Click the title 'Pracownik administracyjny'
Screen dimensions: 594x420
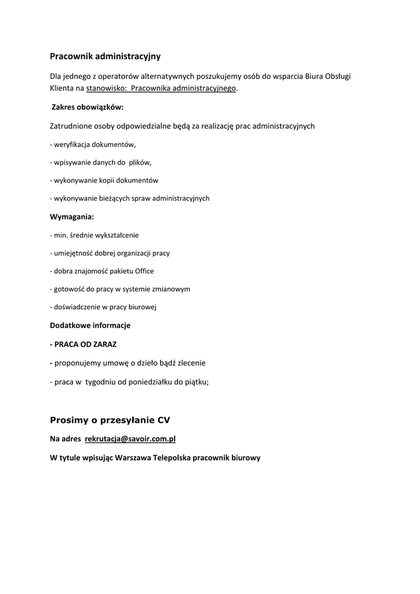(x=105, y=56)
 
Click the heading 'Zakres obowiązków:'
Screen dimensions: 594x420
(x=88, y=107)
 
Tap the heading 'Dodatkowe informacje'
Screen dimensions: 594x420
(x=90, y=325)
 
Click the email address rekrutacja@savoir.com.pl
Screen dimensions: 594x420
(x=130, y=439)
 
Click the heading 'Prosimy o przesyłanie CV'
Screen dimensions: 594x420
(x=110, y=419)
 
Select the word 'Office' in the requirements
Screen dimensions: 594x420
(x=144, y=271)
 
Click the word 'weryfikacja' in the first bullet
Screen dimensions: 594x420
(x=71, y=144)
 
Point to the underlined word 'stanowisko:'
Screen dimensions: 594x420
(x=106, y=89)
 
